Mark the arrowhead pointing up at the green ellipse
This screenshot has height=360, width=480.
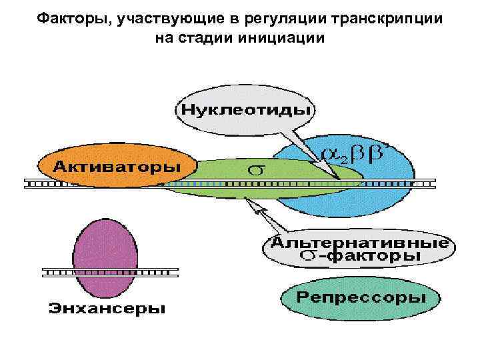tap(251, 201)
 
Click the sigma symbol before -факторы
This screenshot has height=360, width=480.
tap(309, 256)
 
